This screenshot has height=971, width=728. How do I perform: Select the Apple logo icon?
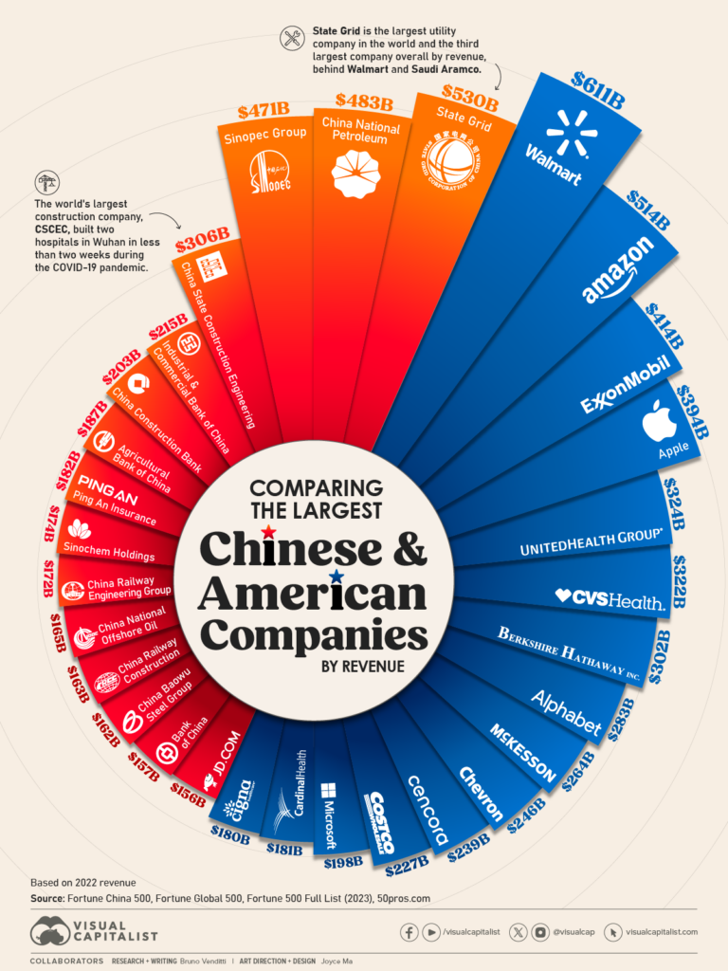(x=659, y=423)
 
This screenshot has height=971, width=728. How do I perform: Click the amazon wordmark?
(x=619, y=270)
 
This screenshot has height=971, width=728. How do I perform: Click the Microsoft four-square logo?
(x=329, y=790)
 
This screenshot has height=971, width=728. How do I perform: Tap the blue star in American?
(x=336, y=576)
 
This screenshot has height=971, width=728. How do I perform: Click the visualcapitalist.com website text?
(x=662, y=931)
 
